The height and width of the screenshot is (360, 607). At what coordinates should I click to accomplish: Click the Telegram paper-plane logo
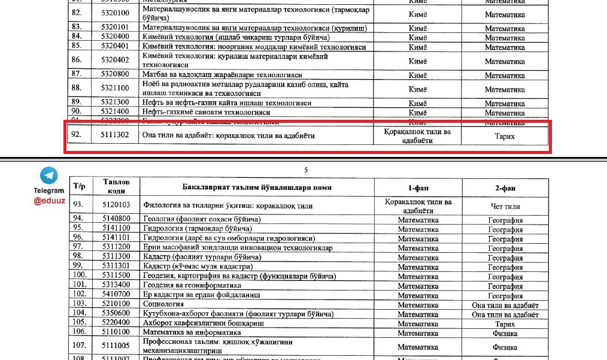point(49,176)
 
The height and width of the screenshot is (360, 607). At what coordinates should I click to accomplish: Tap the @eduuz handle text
point(49,201)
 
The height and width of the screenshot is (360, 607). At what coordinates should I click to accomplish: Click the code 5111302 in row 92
point(114,135)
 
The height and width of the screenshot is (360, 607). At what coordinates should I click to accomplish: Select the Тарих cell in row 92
point(505,136)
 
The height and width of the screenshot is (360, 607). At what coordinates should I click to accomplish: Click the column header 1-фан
point(418,187)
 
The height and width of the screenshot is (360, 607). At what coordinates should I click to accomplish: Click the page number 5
point(306,170)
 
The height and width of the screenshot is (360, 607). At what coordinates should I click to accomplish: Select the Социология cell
point(164,305)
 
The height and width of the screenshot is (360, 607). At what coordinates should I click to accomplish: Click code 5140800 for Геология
point(114,220)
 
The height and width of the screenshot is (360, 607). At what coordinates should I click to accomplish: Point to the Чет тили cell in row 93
point(505,205)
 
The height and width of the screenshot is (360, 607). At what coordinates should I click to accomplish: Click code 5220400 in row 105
point(114,323)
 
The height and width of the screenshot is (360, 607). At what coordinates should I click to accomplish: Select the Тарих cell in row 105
point(505,323)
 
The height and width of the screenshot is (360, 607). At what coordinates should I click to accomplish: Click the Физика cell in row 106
point(505,333)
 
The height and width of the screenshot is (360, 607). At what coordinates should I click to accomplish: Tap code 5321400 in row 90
point(114,111)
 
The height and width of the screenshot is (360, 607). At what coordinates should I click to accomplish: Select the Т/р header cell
point(80,186)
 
